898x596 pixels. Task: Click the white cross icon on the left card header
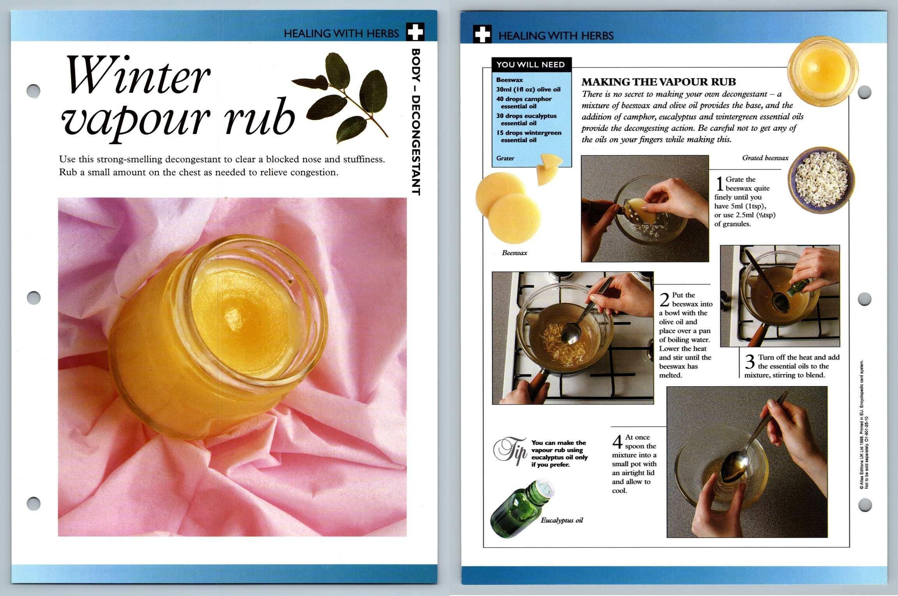415,32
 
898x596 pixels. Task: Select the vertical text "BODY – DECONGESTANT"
416,122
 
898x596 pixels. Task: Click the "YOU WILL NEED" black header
531,65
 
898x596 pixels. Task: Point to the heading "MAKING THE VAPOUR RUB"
659,82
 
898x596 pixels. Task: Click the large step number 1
719,184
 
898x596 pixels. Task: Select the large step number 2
665,300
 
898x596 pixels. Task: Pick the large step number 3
750,362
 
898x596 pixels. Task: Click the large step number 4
617,442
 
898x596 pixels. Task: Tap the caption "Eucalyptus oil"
562,520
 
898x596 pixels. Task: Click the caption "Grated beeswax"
765,158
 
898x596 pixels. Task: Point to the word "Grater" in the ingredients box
505,158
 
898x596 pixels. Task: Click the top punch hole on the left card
34,91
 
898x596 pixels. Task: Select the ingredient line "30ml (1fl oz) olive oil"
528,89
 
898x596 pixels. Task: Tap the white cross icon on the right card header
483,34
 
